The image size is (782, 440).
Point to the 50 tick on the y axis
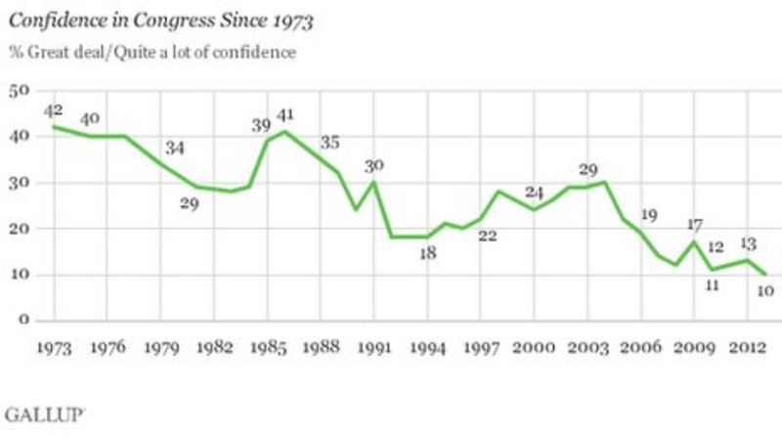[x=18, y=91]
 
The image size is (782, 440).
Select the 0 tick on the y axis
[x=22, y=321]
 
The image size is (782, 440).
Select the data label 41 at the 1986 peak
[x=285, y=113]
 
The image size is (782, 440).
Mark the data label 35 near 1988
[x=331, y=143]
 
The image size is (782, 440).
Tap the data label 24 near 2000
[x=533, y=192]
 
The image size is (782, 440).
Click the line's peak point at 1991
[x=372, y=182]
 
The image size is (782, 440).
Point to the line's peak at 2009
[x=694, y=242]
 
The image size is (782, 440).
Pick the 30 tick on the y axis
[x=18, y=183]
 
